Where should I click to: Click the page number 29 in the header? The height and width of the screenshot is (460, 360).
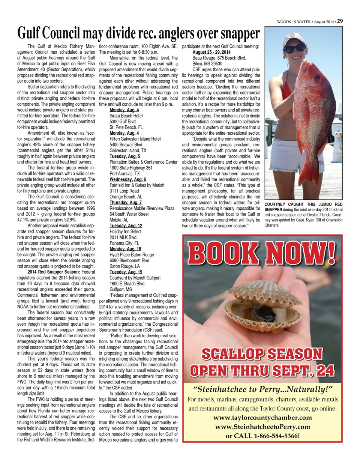click(x=339, y=21)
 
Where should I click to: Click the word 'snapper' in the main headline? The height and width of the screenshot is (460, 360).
click(x=238, y=34)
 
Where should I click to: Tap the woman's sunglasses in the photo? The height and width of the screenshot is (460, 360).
click(x=294, y=48)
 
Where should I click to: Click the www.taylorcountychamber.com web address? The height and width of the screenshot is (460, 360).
click(x=262, y=418)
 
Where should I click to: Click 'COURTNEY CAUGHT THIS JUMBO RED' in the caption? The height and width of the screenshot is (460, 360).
click(x=303, y=204)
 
